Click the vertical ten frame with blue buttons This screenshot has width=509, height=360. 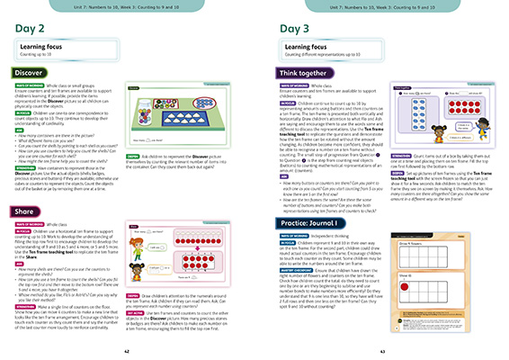point(420,118)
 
